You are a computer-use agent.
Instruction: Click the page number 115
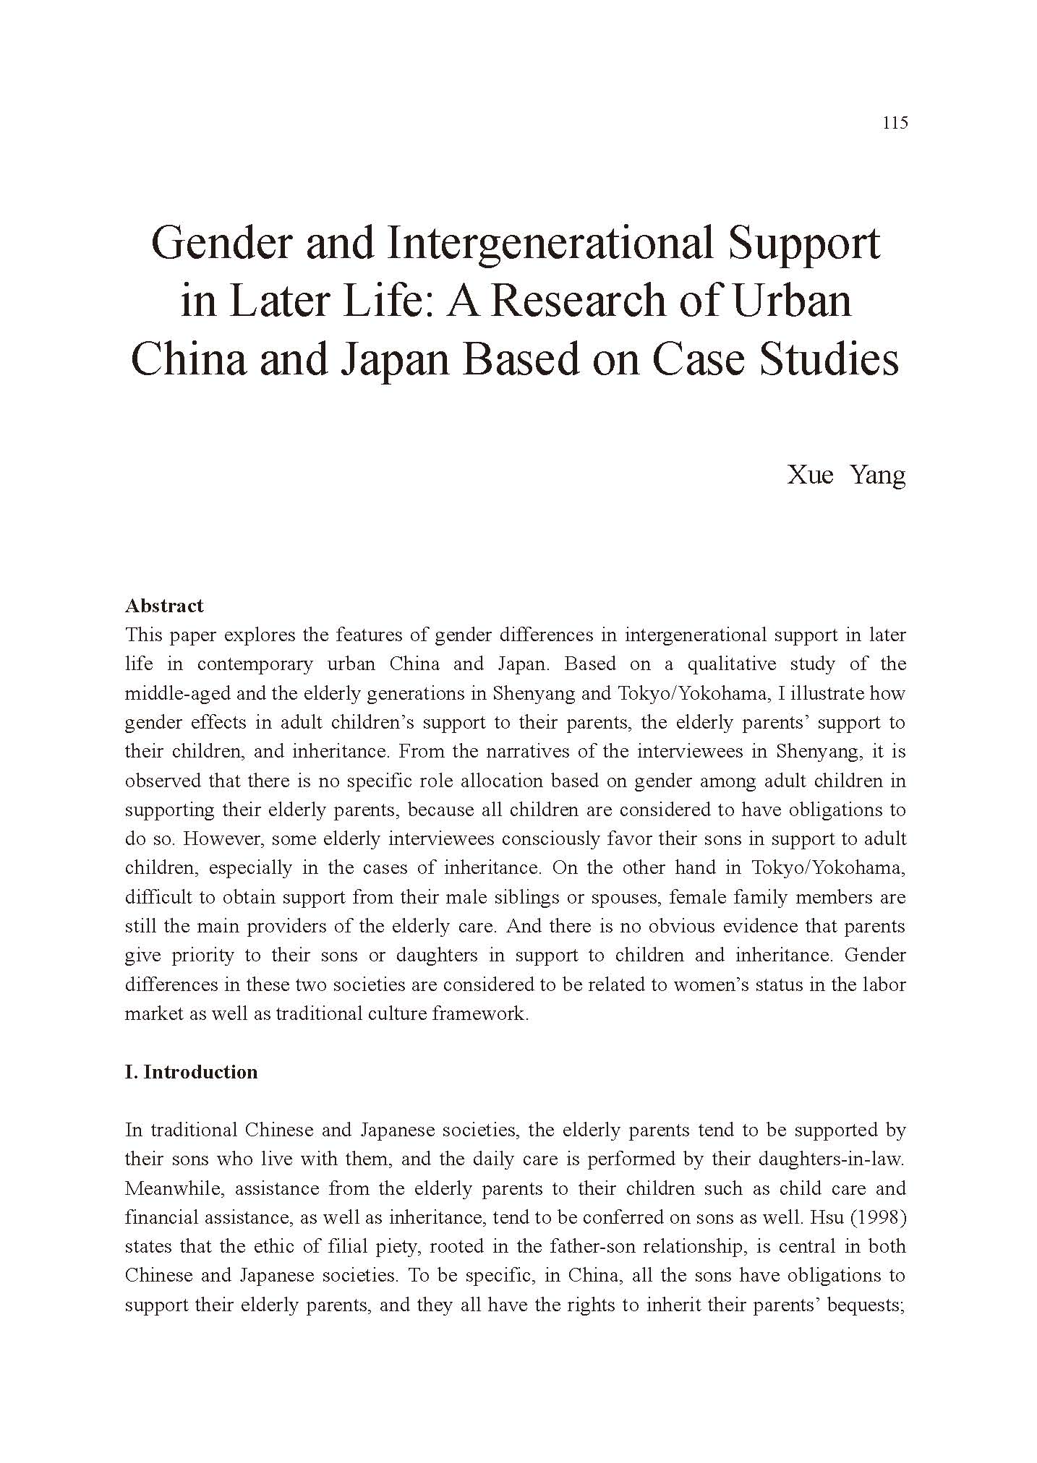(x=895, y=123)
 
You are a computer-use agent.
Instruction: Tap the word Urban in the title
(x=793, y=301)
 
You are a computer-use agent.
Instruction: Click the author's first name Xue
(x=810, y=475)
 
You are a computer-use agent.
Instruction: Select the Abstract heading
(x=164, y=606)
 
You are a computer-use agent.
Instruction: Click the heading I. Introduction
(x=191, y=1072)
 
